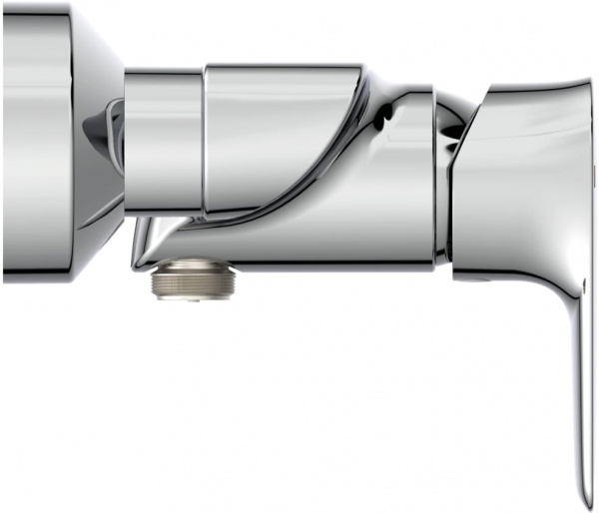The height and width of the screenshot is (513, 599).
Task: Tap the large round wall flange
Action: tap(40, 140)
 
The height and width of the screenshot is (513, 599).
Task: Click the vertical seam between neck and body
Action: tap(204, 140)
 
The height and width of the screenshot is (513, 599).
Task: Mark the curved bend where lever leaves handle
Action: tap(579, 299)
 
